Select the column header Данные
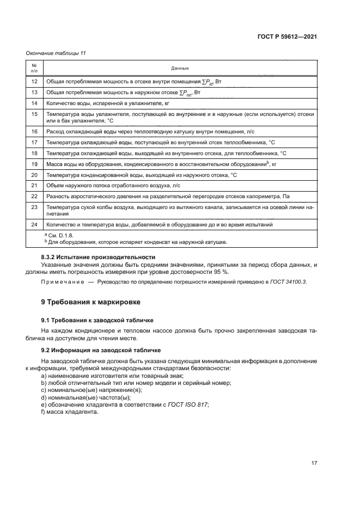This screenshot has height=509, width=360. pyautogui.click(x=180, y=69)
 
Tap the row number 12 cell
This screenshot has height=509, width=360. pyautogui.click(x=34, y=81)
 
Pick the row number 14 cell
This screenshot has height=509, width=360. pyautogui.click(x=34, y=103)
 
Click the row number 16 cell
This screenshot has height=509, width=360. pyautogui.click(x=34, y=132)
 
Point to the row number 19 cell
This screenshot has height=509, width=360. pyautogui.click(x=34, y=164)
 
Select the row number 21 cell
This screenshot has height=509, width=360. pyautogui.click(x=34, y=186)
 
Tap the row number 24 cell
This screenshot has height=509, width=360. pyautogui.click(x=34, y=224)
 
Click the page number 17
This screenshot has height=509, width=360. pyautogui.click(x=314, y=463)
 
